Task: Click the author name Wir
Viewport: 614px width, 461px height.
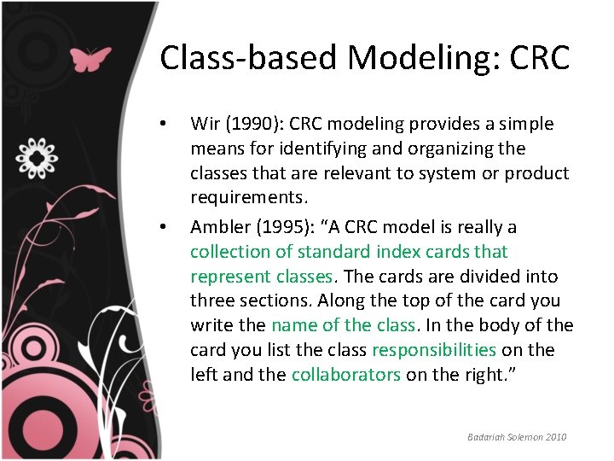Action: tap(205, 124)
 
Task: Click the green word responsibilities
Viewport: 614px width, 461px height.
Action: tap(434, 350)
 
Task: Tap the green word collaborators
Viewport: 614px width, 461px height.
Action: tap(345, 375)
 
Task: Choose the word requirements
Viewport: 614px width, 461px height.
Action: tap(246, 198)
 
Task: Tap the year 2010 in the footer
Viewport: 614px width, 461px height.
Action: tap(554, 437)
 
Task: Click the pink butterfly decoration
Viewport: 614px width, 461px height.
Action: tap(90, 59)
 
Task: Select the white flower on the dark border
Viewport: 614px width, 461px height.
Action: tap(38, 158)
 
